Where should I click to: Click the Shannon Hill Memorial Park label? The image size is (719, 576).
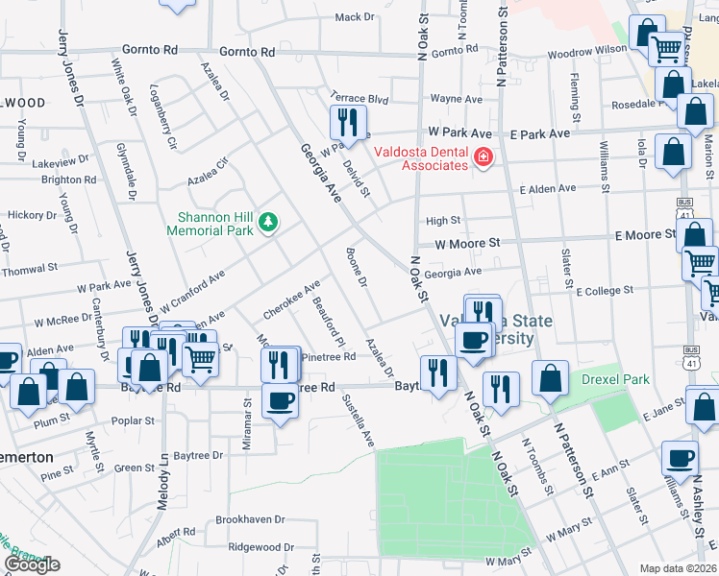[210, 224]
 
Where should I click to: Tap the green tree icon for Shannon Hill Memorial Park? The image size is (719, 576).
[269, 224]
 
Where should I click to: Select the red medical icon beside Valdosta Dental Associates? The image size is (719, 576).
[483, 157]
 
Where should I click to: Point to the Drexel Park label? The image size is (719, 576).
[615, 379]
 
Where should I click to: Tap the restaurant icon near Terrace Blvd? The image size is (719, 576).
[346, 122]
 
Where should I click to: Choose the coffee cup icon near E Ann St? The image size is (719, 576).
[680, 458]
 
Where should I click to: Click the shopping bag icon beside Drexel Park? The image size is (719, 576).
[549, 378]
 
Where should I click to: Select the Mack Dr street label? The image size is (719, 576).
[355, 17]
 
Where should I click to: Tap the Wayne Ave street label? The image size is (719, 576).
[456, 98]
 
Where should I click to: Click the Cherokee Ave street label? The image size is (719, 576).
[291, 301]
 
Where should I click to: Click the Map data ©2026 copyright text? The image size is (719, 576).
[678, 568]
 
